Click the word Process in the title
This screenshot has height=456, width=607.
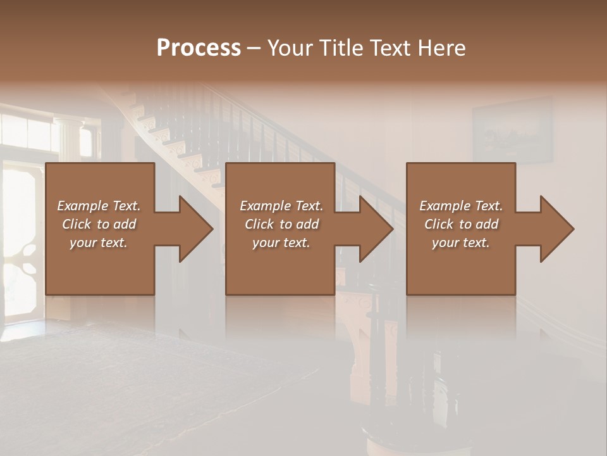(x=199, y=48)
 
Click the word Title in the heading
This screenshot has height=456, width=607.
(x=339, y=48)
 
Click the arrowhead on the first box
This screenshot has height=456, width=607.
(x=195, y=229)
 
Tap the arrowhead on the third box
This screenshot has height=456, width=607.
(x=556, y=229)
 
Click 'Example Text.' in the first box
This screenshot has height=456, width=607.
(x=99, y=206)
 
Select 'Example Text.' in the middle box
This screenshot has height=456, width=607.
(x=281, y=206)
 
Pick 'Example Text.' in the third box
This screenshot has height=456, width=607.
(x=461, y=206)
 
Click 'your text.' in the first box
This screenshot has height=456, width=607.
(x=99, y=243)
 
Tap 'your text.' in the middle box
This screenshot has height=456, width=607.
(x=281, y=243)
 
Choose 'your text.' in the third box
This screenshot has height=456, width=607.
(x=461, y=243)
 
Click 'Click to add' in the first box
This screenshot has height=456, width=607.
(x=99, y=224)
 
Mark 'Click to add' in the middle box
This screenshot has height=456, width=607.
(x=281, y=224)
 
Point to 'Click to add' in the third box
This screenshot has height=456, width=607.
(x=461, y=224)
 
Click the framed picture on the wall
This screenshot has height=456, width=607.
(x=512, y=131)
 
